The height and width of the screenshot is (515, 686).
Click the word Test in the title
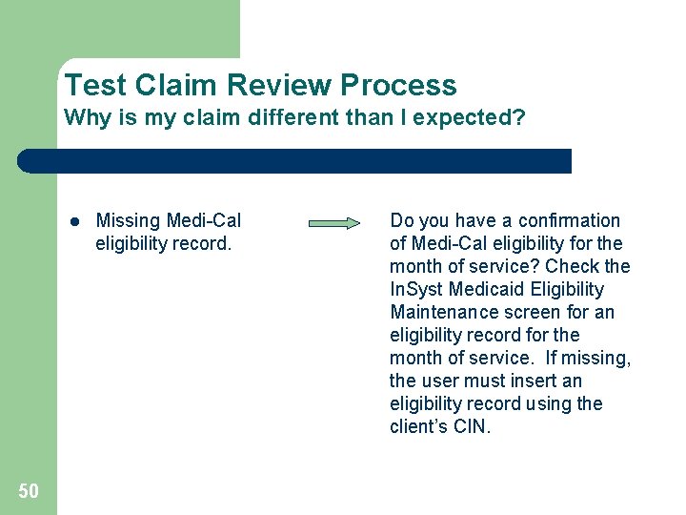coord(96,85)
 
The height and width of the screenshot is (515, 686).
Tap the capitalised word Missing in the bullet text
coord(129,221)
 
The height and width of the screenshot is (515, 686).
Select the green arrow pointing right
coord(334,223)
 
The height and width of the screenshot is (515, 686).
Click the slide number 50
coord(29,490)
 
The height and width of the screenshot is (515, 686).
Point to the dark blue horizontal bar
coord(295,160)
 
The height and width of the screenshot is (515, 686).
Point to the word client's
coord(418,426)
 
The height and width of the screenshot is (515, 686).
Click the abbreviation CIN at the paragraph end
coord(471,426)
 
